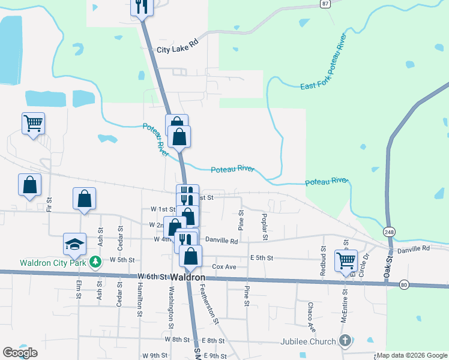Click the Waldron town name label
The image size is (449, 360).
[x=188, y=277]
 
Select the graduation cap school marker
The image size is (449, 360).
[x=74, y=244]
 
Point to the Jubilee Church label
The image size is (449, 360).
[x=308, y=341]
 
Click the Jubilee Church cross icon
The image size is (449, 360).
[x=345, y=341]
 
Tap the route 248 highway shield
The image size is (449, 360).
[x=389, y=232]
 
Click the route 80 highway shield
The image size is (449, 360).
[x=403, y=284]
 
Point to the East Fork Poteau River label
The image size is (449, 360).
[x=324, y=62]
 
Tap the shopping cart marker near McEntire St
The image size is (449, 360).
[x=346, y=261]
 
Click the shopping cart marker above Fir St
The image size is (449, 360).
[x=33, y=124]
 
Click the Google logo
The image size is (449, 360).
[x=20, y=353]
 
